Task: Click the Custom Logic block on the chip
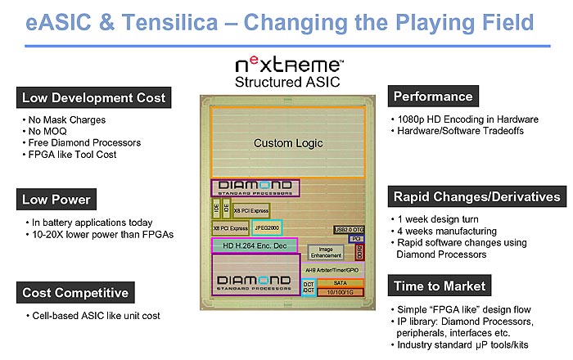tap(287, 142)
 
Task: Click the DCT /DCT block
tap(309, 287)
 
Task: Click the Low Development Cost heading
tap(92, 98)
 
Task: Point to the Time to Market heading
tap(440, 286)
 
